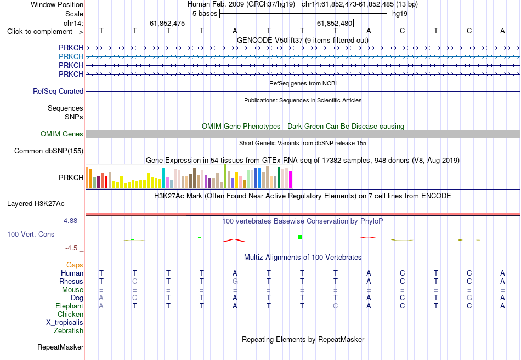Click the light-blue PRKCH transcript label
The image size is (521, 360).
(x=71, y=56)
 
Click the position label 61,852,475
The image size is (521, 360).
(x=167, y=23)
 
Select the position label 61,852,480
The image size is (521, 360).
(x=335, y=23)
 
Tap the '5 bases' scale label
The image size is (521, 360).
(x=205, y=14)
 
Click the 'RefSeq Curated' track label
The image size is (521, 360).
(x=58, y=91)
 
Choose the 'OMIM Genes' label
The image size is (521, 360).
(x=62, y=134)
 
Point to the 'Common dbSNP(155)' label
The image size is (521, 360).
(x=49, y=151)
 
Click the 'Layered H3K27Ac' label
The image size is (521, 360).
(x=36, y=204)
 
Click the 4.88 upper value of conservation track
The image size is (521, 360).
(x=70, y=220)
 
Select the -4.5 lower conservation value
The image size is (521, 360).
(x=71, y=248)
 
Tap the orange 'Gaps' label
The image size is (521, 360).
(x=75, y=265)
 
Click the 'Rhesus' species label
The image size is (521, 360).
(x=71, y=281)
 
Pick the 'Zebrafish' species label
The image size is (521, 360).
(x=69, y=330)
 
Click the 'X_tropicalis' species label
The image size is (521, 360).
(x=65, y=322)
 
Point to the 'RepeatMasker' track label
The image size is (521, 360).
(x=60, y=347)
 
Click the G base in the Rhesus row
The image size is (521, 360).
(x=235, y=281)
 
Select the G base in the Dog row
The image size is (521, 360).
(x=469, y=298)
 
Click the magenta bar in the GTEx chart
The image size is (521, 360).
(x=291, y=180)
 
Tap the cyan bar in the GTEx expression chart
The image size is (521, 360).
(x=163, y=178)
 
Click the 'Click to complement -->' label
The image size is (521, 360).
(x=45, y=32)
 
